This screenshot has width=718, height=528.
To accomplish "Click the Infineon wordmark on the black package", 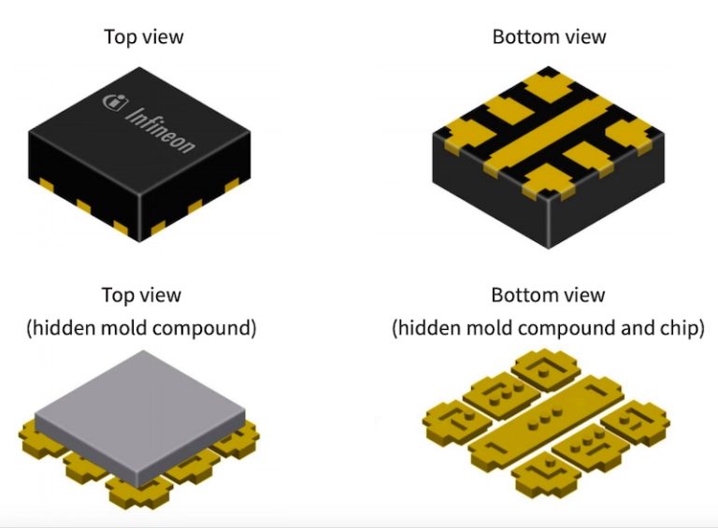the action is (x=160, y=131).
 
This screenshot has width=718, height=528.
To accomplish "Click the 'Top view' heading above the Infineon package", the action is (x=144, y=37).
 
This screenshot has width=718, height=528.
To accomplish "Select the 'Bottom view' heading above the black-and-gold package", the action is (x=549, y=37).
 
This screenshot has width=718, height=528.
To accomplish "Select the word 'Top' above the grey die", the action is (x=116, y=295).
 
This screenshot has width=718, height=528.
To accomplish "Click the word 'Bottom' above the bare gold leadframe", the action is (x=520, y=295).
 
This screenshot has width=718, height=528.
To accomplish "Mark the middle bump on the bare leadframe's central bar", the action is (x=545, y=418).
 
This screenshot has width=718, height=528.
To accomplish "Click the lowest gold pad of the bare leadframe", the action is (x=546, y=476).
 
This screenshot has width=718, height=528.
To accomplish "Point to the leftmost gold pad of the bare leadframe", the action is (x=457, y=421).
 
